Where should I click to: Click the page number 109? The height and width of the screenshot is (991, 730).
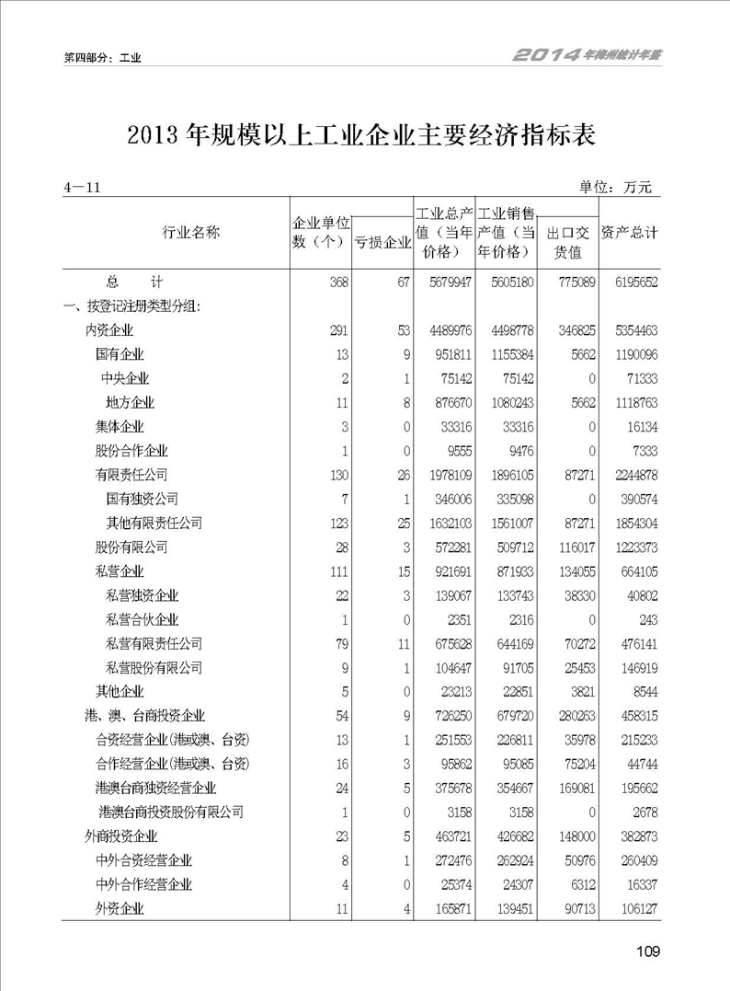647,951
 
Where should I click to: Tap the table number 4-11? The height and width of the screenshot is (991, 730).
82,188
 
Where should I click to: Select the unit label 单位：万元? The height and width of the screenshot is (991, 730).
615,188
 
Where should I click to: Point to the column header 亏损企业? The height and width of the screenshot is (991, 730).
382,243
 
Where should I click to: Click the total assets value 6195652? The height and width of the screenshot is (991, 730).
629,282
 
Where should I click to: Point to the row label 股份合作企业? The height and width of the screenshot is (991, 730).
132,451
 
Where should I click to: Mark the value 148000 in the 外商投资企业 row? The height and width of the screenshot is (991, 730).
571,836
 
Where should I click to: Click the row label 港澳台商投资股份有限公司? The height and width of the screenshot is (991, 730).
171,812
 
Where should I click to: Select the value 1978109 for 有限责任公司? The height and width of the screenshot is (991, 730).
445,475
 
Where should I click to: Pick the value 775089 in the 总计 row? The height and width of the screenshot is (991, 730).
571,282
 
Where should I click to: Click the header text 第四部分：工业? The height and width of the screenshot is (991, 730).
102,57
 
